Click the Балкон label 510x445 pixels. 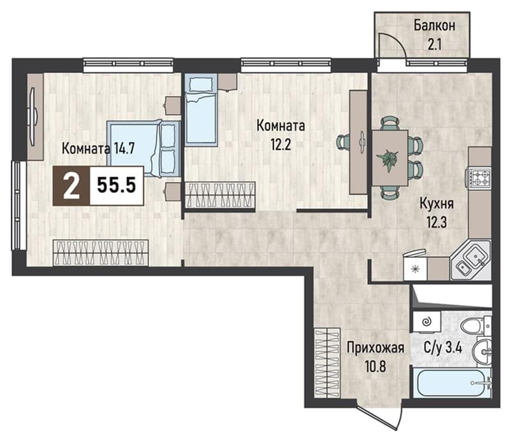pos(434,25)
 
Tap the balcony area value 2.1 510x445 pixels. pos(435,45)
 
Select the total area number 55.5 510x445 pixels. pos(117,186)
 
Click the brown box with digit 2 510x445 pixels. pos(71,186)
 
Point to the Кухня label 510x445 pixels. pos(437,204)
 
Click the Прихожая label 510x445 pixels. pos(375,348)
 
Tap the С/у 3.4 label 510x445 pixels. pos(443,348)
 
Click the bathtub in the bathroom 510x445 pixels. pos(452,383)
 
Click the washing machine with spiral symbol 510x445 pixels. pos(426,322)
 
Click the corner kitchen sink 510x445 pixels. pos(471,260)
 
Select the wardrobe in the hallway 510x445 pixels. pos(327,363)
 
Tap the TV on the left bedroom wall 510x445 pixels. pos(33,117)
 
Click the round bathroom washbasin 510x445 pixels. pos(484,351)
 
